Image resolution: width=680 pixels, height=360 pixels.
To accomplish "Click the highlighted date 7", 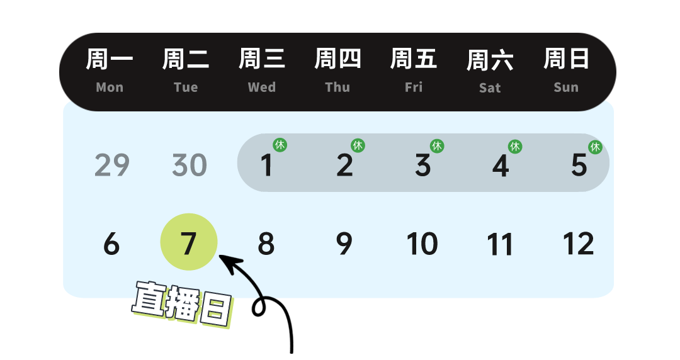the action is coord(189,243).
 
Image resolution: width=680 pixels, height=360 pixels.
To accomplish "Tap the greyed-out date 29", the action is coord(112,166).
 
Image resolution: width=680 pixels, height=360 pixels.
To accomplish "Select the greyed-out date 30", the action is coord(190,166).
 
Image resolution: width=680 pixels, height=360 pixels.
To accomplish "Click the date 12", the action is coord(578,244).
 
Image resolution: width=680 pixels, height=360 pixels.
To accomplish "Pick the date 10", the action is coord(422,244).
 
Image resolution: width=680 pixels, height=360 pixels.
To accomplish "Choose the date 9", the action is coord(344,244).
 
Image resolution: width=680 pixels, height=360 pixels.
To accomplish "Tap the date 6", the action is coord(111,244).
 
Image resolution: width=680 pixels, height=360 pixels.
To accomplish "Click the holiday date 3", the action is coord(422,166).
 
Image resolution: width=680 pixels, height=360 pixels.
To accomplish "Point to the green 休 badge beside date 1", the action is coord(280,145).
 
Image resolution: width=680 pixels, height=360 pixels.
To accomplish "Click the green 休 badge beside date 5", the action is coord(595,147).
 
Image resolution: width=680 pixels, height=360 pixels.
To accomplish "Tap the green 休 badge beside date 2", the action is coord(358,145).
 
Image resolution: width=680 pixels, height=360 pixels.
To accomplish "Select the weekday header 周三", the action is coord(262,59).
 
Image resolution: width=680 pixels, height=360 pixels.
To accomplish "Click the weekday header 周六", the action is coord(490,60).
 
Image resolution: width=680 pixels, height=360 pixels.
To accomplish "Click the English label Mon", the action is coord(110,87).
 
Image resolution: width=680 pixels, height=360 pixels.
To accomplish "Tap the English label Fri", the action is coord(414,87).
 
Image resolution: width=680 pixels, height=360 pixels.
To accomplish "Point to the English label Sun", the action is coord(566,87).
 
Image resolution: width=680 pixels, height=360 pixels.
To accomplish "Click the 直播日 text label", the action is coord(182,304).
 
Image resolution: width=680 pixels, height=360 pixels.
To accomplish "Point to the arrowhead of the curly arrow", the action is coord(222,259).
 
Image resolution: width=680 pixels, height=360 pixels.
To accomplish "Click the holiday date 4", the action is coord(500,166).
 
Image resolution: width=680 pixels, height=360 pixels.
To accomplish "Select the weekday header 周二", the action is coord(186,59).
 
